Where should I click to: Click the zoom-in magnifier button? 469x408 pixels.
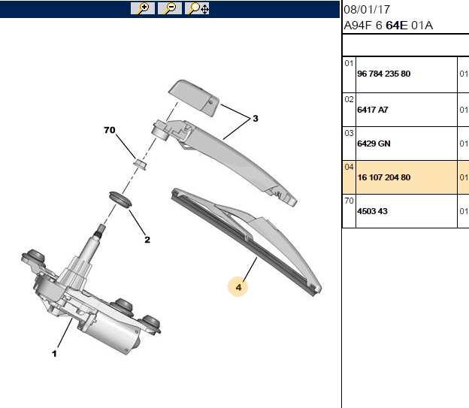(x=143, y=8)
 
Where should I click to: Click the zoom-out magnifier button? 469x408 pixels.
(x=170, y=8)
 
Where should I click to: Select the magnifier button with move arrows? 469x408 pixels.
(x=197, y=8)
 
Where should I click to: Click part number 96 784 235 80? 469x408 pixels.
(x=384, y=74)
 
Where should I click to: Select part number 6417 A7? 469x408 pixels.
(x=373, y=110)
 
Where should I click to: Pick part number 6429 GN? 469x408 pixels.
(x=374, y=144)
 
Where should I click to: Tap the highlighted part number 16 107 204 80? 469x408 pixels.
(x=384, y=177)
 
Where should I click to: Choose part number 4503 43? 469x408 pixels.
(x=372, y=211)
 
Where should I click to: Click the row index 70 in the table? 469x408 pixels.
(x=349, y=201)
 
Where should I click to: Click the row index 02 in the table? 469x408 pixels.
(x=349, y=99)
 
